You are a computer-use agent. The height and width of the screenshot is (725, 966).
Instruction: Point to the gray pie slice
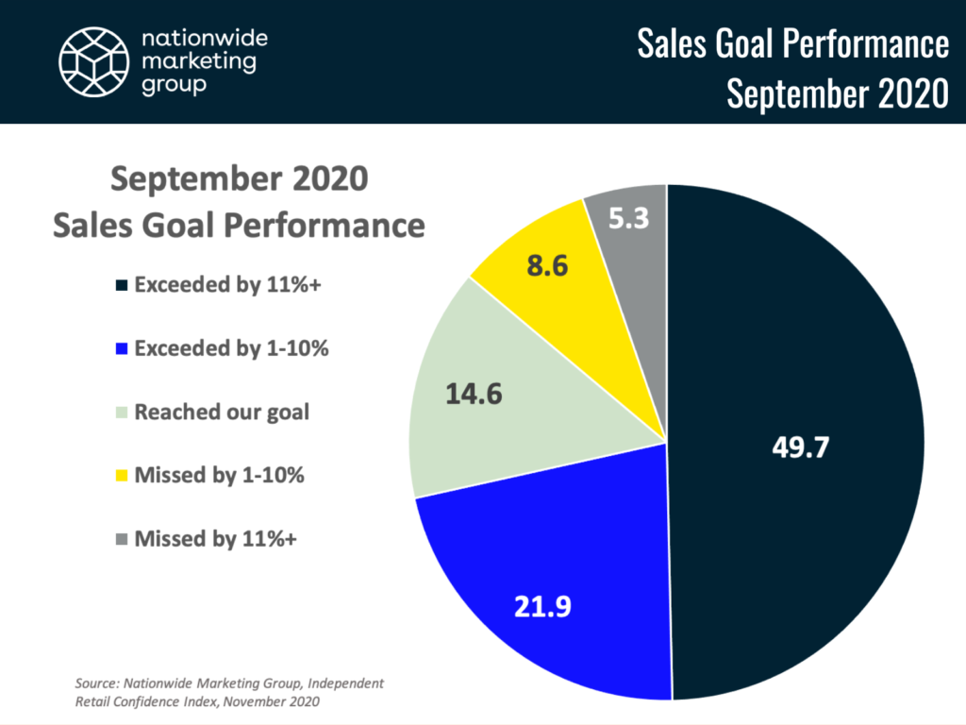[632, 236]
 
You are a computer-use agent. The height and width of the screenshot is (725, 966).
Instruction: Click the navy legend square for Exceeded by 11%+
[120, 285]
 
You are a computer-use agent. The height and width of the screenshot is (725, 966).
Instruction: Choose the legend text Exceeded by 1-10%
[231, 348]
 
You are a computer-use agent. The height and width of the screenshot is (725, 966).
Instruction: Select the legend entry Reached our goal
[222, 413]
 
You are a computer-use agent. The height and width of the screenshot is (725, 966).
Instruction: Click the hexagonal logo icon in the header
[92, 60]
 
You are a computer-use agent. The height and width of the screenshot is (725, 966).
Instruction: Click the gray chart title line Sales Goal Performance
[239, 226]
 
